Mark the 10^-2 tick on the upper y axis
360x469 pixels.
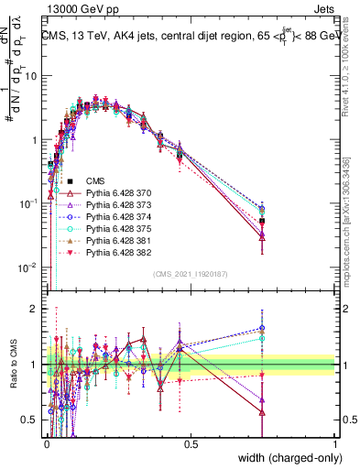[x=29, y=267]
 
